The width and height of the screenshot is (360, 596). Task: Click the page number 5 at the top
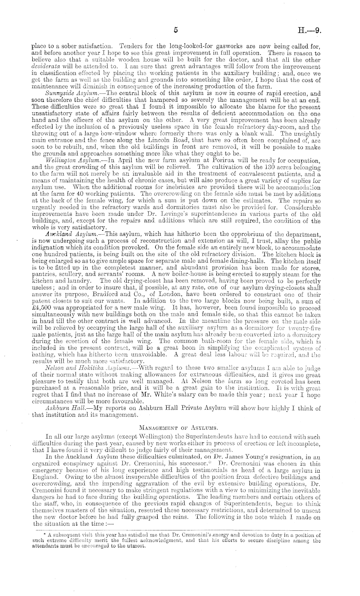[175, 30]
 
